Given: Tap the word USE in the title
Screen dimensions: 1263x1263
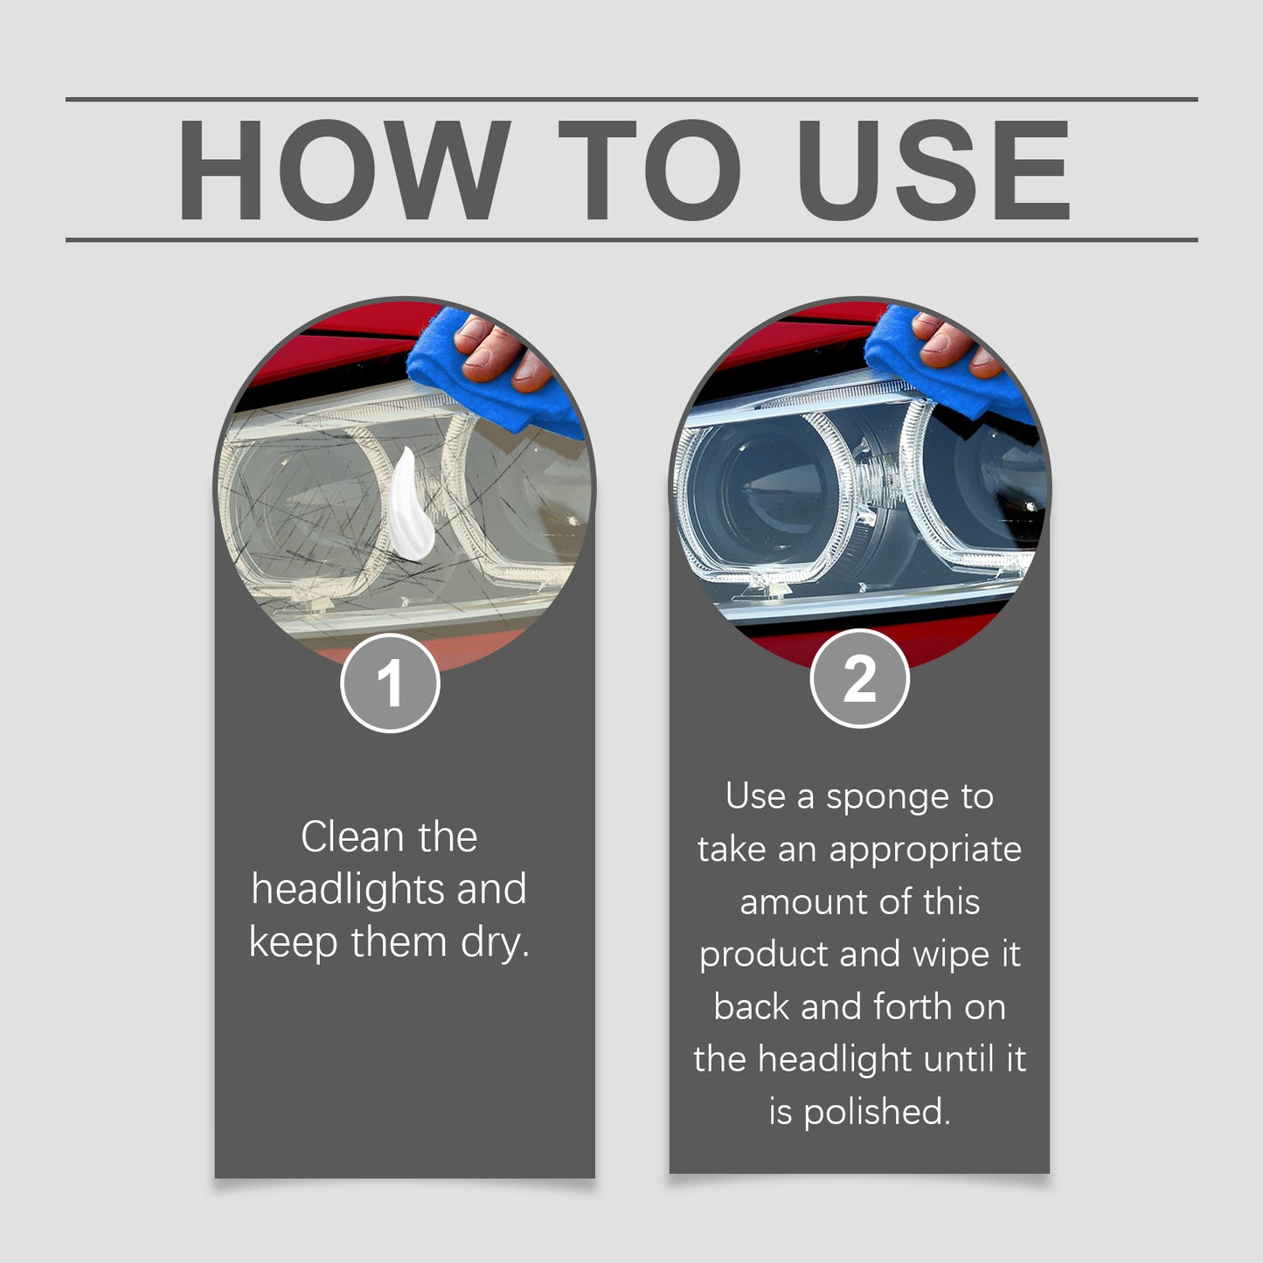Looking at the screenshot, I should click(933, 170).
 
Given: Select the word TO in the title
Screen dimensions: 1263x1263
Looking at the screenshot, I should click(649, 170).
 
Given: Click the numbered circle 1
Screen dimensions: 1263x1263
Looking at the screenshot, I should click(390, 683).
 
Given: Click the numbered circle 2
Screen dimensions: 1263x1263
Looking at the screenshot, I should click(859, 678).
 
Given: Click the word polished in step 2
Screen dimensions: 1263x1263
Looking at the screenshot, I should click(875, 1113).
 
